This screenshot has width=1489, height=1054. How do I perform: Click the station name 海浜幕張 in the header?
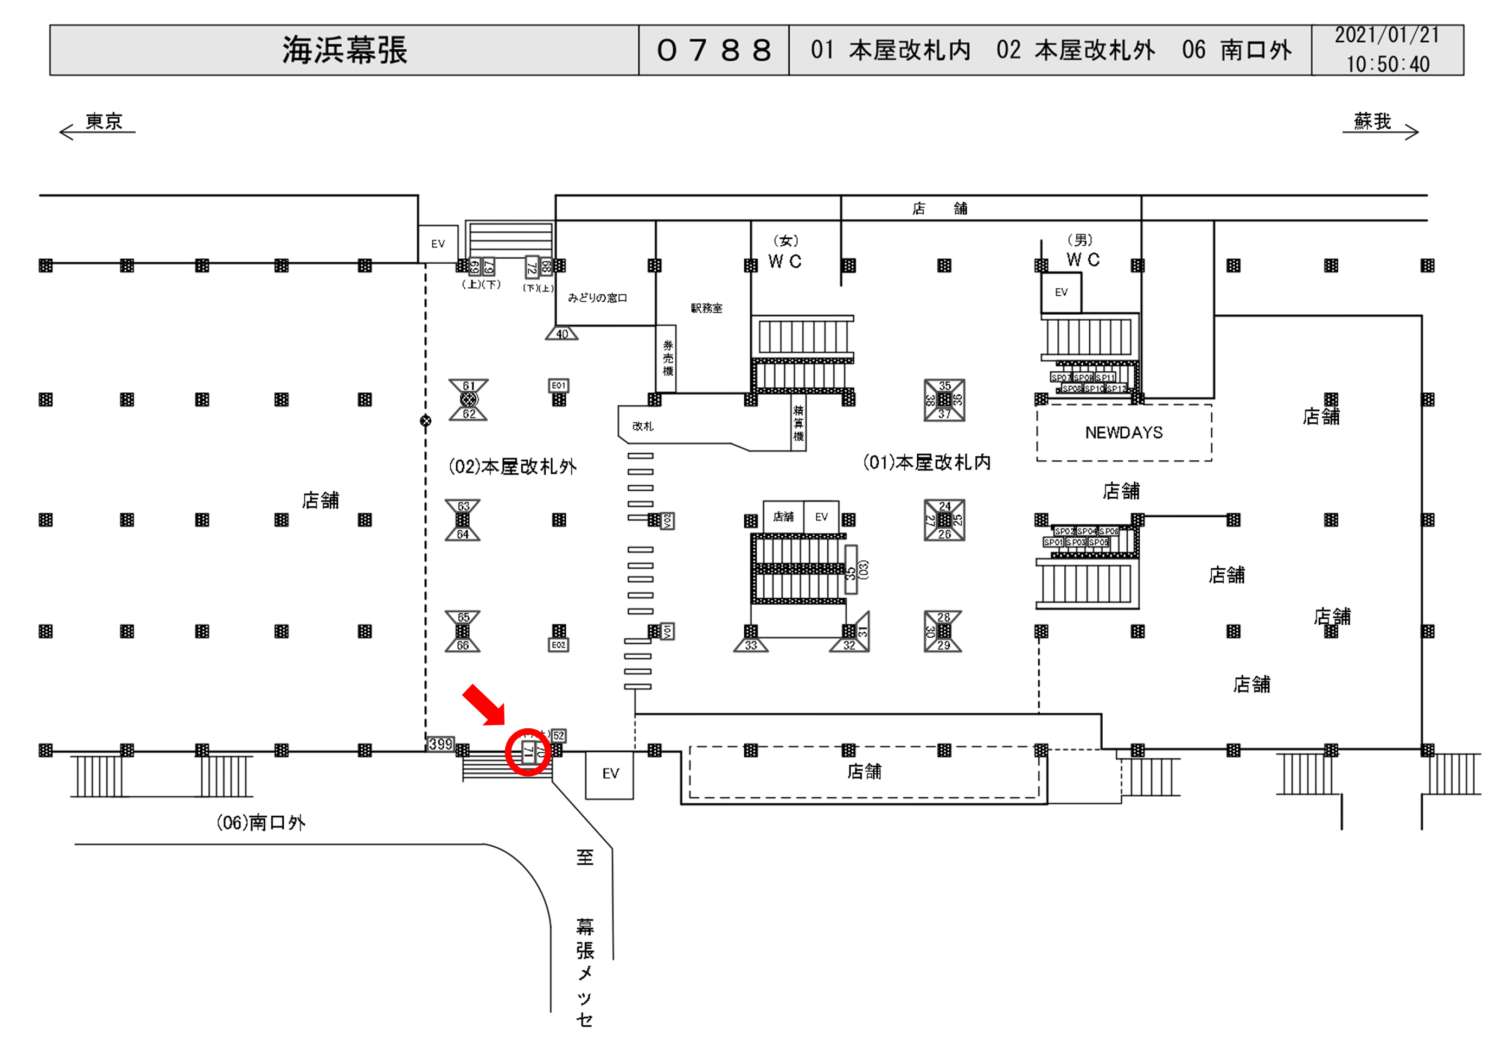[x=344, y=50]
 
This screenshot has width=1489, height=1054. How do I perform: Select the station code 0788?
[x=713, y=50]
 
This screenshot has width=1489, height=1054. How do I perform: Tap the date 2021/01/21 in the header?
[x=1386, y=36]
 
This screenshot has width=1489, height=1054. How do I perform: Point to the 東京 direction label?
[x=104, y=122]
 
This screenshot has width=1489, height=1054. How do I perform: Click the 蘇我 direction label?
[x=1372, y=122]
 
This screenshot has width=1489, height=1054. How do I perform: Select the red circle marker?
[x=528, y=752]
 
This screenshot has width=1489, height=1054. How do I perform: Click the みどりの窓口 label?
[x=597, y=298]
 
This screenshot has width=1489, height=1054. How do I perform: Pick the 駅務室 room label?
[x=706, y=308]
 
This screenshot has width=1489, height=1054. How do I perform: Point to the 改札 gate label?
[x=643, y=427]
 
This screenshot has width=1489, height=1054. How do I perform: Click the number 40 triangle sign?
[x=561, y=334]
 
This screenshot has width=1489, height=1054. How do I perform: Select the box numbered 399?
[x=440, y=744]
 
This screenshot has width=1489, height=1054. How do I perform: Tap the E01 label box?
[x=558, y=385]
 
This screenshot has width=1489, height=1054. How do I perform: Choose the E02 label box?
[x=558, y=645]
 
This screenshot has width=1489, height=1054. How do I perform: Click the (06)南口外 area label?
[x=261, y=823]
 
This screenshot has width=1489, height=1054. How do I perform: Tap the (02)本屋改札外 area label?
[x=512, y=467]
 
